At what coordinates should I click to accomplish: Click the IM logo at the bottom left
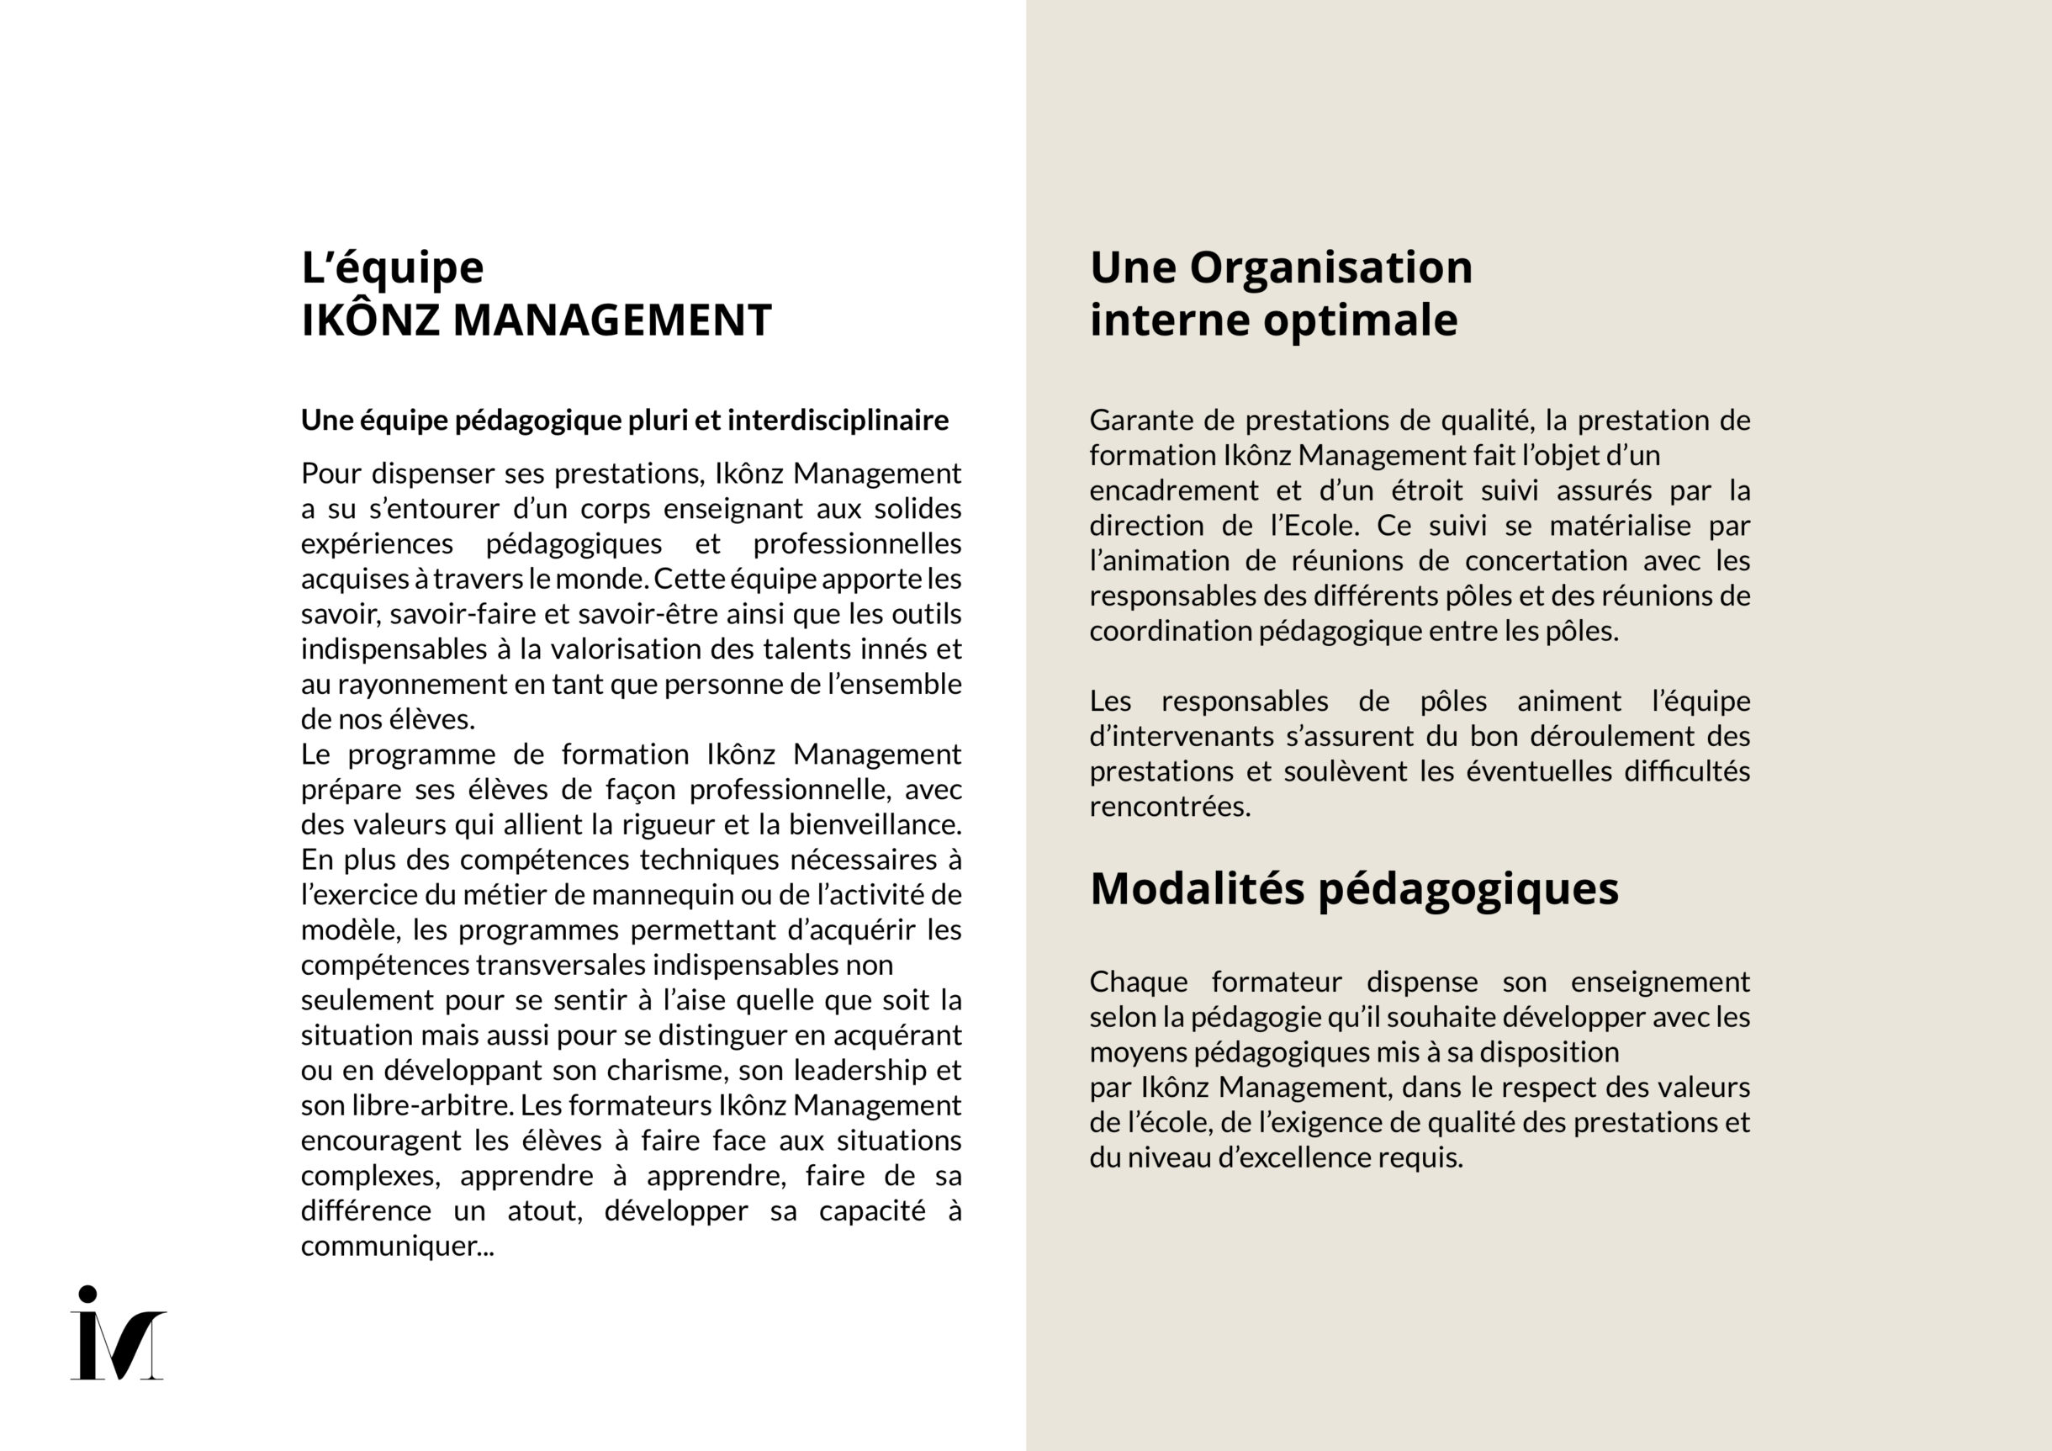(118, 1334)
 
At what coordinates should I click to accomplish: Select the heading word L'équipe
(393, 268)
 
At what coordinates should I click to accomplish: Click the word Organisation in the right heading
(1330, 267)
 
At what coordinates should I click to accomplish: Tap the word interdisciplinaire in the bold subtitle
(838, 421)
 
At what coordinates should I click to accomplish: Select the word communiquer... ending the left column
(397, 1246)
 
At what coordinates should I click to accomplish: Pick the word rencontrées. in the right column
(1170, 807)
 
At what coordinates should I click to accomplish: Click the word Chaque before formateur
(1138, 982)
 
